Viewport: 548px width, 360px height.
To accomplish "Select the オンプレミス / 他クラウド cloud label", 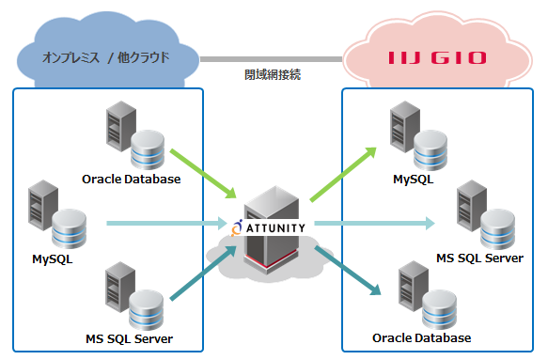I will [105, 57].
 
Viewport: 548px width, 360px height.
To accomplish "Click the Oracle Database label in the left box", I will [131, 179].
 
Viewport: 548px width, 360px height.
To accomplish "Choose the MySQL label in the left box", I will [52, 257].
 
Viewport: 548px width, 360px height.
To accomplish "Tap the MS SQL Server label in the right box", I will [479, 258].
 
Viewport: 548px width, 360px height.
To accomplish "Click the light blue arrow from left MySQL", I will [164, 224].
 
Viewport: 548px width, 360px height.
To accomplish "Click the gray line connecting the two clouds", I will [272, 58].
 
